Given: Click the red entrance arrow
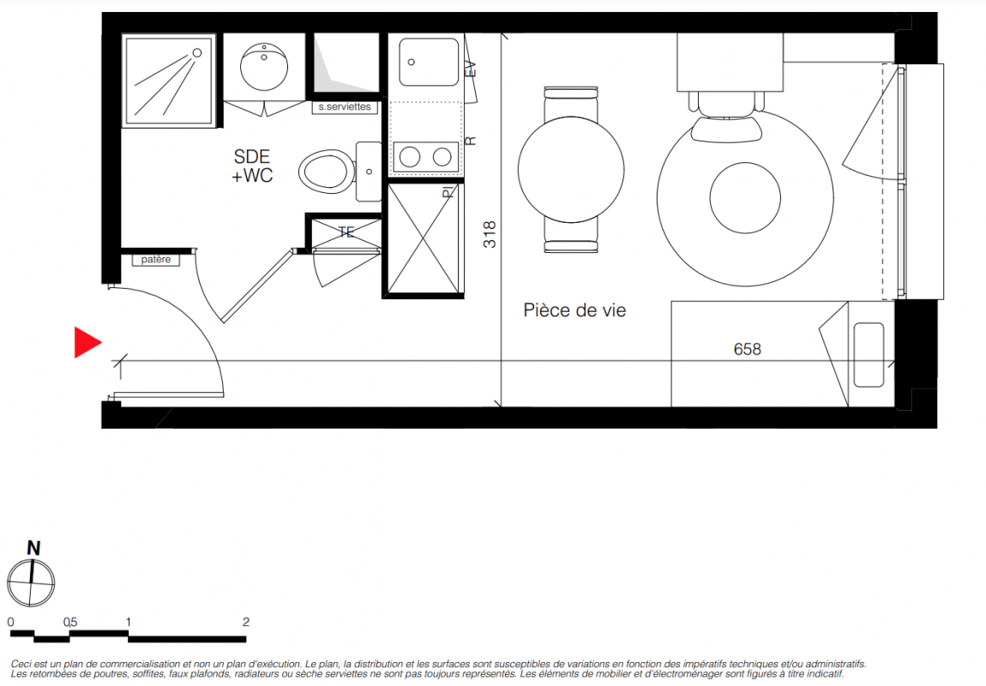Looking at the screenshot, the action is point(87,342).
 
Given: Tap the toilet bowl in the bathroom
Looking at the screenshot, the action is point(325,171).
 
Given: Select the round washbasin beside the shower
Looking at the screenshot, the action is point(264,66).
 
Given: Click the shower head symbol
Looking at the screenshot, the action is point(197,53).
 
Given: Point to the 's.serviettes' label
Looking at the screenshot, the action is point(345,107).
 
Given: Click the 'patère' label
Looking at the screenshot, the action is point(155,259).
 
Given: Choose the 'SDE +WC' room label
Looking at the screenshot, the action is point(252,166).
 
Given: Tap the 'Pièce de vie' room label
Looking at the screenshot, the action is point(574,310).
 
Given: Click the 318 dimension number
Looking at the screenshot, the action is point(490,234).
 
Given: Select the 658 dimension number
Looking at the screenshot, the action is point(747,349).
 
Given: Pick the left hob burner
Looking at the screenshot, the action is point(410,157).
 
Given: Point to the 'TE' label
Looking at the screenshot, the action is point(346,232).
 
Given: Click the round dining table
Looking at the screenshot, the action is point(571,170).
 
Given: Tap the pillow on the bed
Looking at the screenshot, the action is point(869,355).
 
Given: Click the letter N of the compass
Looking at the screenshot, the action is point(33,548).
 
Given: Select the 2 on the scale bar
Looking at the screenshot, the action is point(246,622).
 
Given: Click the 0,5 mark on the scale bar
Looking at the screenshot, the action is point(69,622).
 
